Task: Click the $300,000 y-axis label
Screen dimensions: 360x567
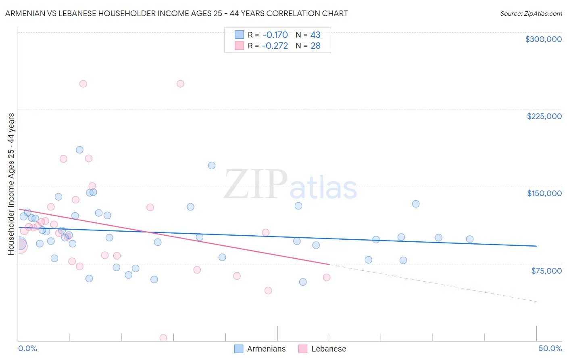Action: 543,39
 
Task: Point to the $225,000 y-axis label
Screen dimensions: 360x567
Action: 544,116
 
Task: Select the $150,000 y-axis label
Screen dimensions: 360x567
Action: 544,193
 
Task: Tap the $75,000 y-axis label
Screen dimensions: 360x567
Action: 546,271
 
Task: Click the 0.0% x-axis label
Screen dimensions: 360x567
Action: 27,349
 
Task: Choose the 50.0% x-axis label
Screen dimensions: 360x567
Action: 550,349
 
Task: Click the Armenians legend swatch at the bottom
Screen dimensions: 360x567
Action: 239,349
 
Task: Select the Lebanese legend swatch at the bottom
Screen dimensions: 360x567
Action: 303,349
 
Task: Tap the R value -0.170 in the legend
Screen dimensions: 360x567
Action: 275,35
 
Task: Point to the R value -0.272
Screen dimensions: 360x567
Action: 275,46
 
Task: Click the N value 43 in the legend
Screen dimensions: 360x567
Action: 315,35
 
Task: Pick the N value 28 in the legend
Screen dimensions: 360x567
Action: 315,46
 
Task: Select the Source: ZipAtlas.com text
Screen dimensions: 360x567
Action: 531,14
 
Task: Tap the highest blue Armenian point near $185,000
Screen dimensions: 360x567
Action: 79,150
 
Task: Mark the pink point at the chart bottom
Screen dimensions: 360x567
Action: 163,338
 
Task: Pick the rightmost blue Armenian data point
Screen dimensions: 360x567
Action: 469,239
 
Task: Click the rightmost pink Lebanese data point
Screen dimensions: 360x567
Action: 327,277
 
